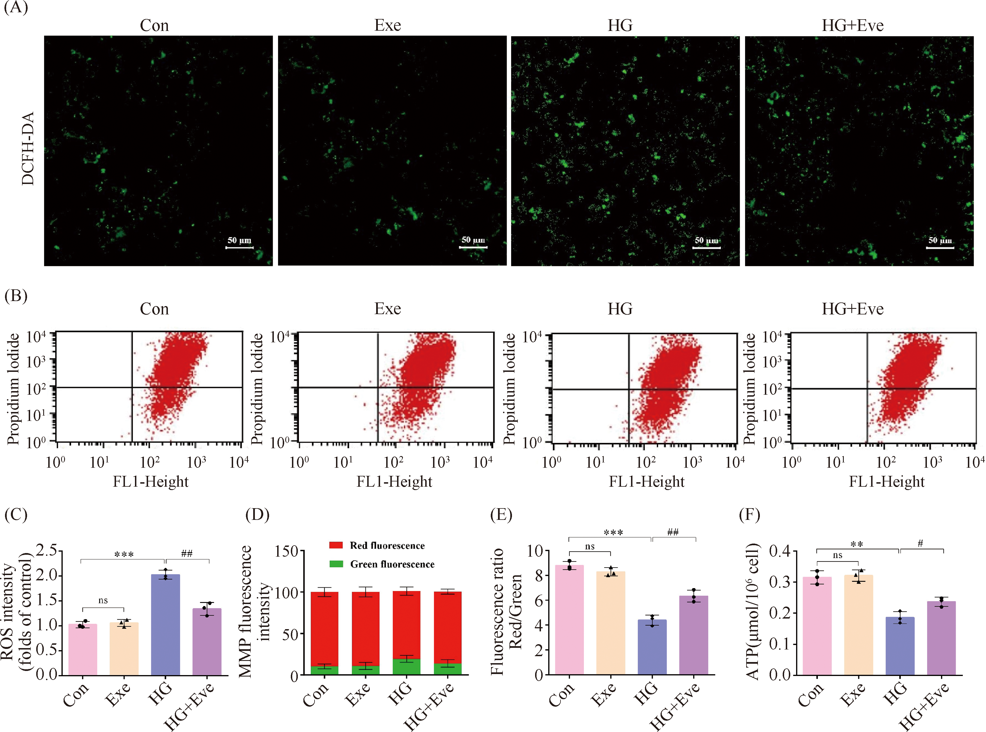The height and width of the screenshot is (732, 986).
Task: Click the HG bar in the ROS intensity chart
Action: coord(165,625)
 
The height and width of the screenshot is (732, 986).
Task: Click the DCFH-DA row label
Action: coord(28,149)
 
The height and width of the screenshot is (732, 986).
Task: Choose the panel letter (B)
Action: coord(16,295)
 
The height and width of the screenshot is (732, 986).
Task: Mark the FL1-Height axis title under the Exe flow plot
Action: coord(394,482)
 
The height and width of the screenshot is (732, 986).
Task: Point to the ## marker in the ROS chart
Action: coord(187,553)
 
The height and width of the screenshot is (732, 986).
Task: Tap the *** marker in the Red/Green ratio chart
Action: coord(613,532)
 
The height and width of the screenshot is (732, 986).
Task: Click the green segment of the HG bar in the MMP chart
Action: coord(406,667)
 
